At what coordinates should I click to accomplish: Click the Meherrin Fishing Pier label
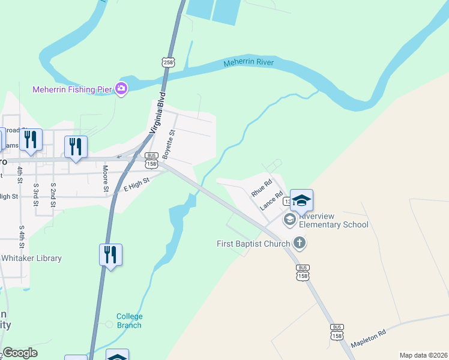[x=72, y=90]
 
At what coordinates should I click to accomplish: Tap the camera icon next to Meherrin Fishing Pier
[x=121, y=89]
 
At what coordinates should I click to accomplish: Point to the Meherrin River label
[x=249, y=62]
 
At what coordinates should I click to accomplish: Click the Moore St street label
[x=106, y=179]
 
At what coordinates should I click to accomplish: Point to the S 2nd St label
[x=53, y=196]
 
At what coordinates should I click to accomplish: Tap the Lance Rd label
[x=271, y=200]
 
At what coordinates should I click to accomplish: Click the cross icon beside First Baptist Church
[x=300, y=243]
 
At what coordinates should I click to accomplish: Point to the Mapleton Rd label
[x=368, y=338]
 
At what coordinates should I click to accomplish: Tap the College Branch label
[x=129, y=320]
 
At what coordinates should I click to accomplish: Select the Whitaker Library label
[x=31, y=258]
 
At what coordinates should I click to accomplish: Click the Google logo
[x=20, y=353]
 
